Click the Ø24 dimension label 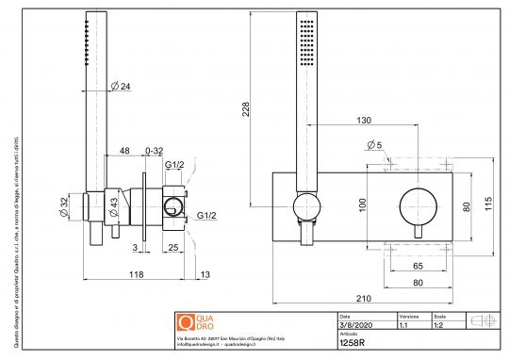click(121, 86)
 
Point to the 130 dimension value click(363, 121)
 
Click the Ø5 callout click(374, 145)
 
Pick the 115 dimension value click(488, 206)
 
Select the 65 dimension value click(417, 267)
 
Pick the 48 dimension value click(124, 151)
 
